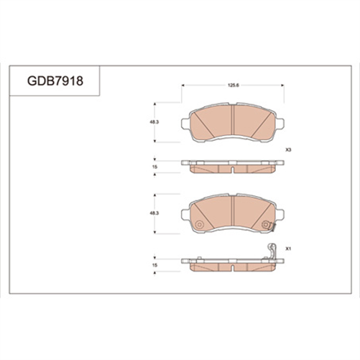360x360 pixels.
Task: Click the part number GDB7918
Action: tap(55, 80)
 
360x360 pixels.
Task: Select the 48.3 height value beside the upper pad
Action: tap(154, 122)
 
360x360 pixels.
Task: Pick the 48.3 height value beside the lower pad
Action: tap(154, 213)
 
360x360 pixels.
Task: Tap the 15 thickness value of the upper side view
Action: tap(154, 167)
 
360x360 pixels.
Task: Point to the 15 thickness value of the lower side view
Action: tap(154, 265)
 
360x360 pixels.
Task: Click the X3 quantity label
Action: tap(288, 150)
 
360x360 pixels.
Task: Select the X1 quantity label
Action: tap(288, 249)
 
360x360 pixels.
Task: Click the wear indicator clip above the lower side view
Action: tap(272, 251)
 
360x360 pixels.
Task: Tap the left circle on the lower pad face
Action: tap(199, 225)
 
